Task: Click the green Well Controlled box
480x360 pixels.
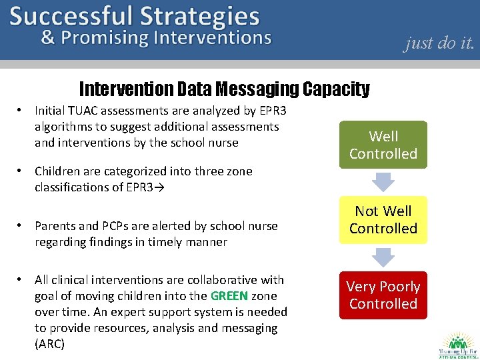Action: pos(383,145)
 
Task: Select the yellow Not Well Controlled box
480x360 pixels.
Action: pos(383,219)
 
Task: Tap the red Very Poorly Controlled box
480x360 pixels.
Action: pos(383,295)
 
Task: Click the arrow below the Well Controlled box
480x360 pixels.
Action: pos(383,181)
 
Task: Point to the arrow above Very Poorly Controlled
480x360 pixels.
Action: pos(383,257)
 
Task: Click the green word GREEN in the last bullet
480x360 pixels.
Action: pos(229,296)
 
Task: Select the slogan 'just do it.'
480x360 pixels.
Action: pos(439,43)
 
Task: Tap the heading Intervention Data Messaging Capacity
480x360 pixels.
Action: pos(224,89)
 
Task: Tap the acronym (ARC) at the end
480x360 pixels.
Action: pos(49,344)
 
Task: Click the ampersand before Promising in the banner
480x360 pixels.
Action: pos(48,37)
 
